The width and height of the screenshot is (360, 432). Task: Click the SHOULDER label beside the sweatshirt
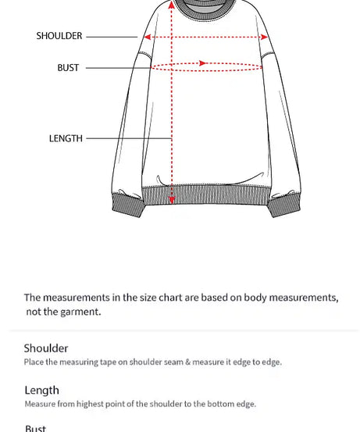click(x=59, y=36)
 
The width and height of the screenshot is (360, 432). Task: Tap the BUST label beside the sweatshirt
click(x=68, y=68)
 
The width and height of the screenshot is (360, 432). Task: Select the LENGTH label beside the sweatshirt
click(x=66, y=138)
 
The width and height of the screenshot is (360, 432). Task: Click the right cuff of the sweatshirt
click(x=284, y=206)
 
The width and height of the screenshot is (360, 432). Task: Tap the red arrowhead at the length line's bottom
click(x=172, y=200)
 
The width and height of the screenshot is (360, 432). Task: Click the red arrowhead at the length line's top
click(x=172, y=5)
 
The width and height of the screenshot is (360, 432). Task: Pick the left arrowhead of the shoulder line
click(x=146, y=37)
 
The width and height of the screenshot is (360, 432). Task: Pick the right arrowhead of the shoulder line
click(x=264, y=37)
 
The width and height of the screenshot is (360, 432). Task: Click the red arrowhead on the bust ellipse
click(x=203, y=63)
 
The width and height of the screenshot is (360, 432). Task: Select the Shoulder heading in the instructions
click(x=46, y=348)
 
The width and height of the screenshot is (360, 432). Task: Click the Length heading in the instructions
click(x=41, y=391)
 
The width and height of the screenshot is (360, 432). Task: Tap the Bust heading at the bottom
click(x=35, y=428)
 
